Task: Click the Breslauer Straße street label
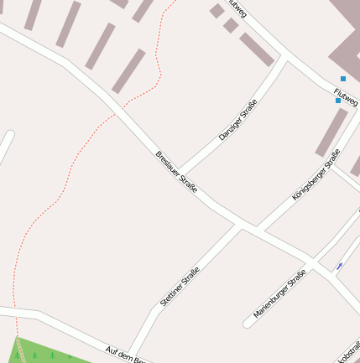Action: [176, 172]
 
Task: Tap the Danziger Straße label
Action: [237, 120]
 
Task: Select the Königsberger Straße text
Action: [316, 174]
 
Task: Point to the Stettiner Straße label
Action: [179, 285]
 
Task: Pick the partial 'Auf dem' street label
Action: [127, 354]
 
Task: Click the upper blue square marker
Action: [342, 79]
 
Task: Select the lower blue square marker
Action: [338, 101]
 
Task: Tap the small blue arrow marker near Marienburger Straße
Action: [340, 267]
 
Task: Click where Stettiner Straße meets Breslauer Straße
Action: [240, 224]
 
